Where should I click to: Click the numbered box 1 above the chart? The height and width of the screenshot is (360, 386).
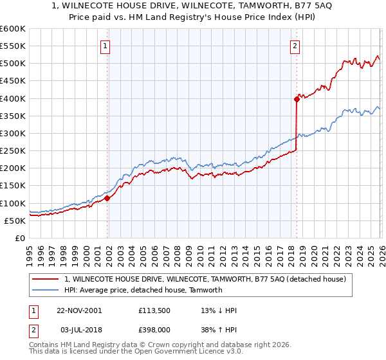[105, 46]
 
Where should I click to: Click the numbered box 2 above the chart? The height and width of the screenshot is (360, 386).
[295, 46]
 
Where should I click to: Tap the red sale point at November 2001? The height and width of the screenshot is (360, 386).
[107, 198]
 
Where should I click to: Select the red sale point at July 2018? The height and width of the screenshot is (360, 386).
[297, 99]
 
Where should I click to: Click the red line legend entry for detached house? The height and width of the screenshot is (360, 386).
[205, 279]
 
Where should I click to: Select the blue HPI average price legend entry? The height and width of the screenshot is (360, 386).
[143, 290]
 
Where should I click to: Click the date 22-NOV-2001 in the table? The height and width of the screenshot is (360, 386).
[79, 310]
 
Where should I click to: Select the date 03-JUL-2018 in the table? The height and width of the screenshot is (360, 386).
[79, 330]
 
